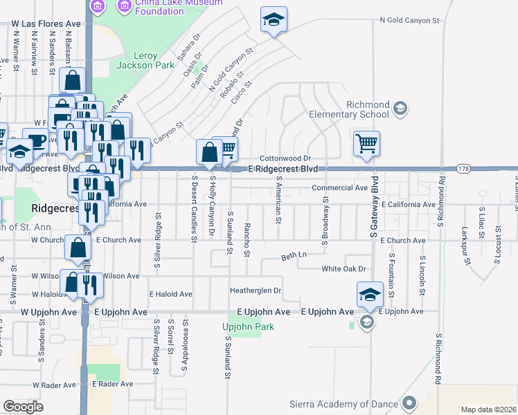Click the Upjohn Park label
click(248, 327)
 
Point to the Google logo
click(23, 406)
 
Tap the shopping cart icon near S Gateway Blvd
click(366, 144)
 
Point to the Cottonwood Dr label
click(286, 158)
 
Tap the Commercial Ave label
click(339, 187)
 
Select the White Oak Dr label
click(343, 268)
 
